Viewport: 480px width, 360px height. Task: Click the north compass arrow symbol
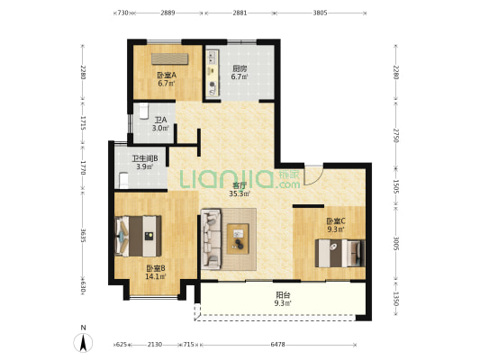(x=83, y=343)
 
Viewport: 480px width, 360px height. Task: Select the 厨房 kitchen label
(x=240, y=68)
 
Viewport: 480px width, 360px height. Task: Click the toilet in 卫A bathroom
(x=143, y=111)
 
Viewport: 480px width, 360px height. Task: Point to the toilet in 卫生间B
(x=123, y=181)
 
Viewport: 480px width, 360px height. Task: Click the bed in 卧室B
(x=139, y=236)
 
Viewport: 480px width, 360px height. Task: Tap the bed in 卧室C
(x=340, y=253)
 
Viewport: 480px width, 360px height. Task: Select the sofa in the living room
(x=211, y=239)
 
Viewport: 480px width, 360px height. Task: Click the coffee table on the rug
(x=238, y=238)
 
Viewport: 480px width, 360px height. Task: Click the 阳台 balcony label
(x=283, y=295)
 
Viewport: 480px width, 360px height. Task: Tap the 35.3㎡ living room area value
(x=240, y=193)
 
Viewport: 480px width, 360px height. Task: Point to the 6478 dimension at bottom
(x=277, y=345)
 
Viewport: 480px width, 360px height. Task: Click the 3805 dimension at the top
(x=321, y=13)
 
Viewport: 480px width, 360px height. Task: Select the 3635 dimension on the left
(x=83, y=236)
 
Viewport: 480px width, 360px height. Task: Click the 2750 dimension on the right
(x=396, y=136)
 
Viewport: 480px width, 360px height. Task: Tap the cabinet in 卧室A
(x=170, y=58)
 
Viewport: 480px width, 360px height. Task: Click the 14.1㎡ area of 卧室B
(x=156, y=276)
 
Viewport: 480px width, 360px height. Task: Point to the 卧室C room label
(x=336, y=220)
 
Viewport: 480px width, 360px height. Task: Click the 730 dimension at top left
(x=122, y=13)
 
